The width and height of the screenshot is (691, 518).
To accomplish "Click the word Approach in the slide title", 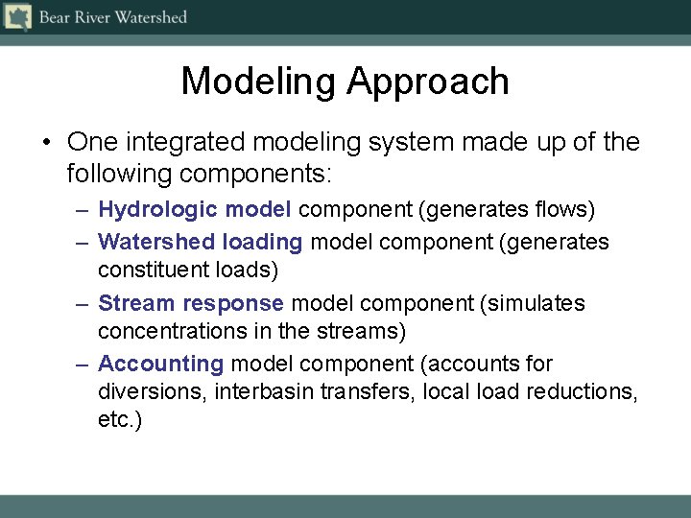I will click(x=427, y=82).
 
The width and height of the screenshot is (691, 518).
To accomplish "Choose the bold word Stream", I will click(x=136, y=303).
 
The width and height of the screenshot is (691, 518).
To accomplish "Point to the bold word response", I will click(x=233, y=303).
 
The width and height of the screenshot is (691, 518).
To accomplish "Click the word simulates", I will click(x=536, y=303).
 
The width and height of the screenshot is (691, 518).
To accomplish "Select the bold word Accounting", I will click(x=160, y=365).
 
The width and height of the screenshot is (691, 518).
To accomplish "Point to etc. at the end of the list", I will click(x=119, y=420).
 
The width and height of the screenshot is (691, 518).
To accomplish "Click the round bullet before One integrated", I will click(x=45, y=144).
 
